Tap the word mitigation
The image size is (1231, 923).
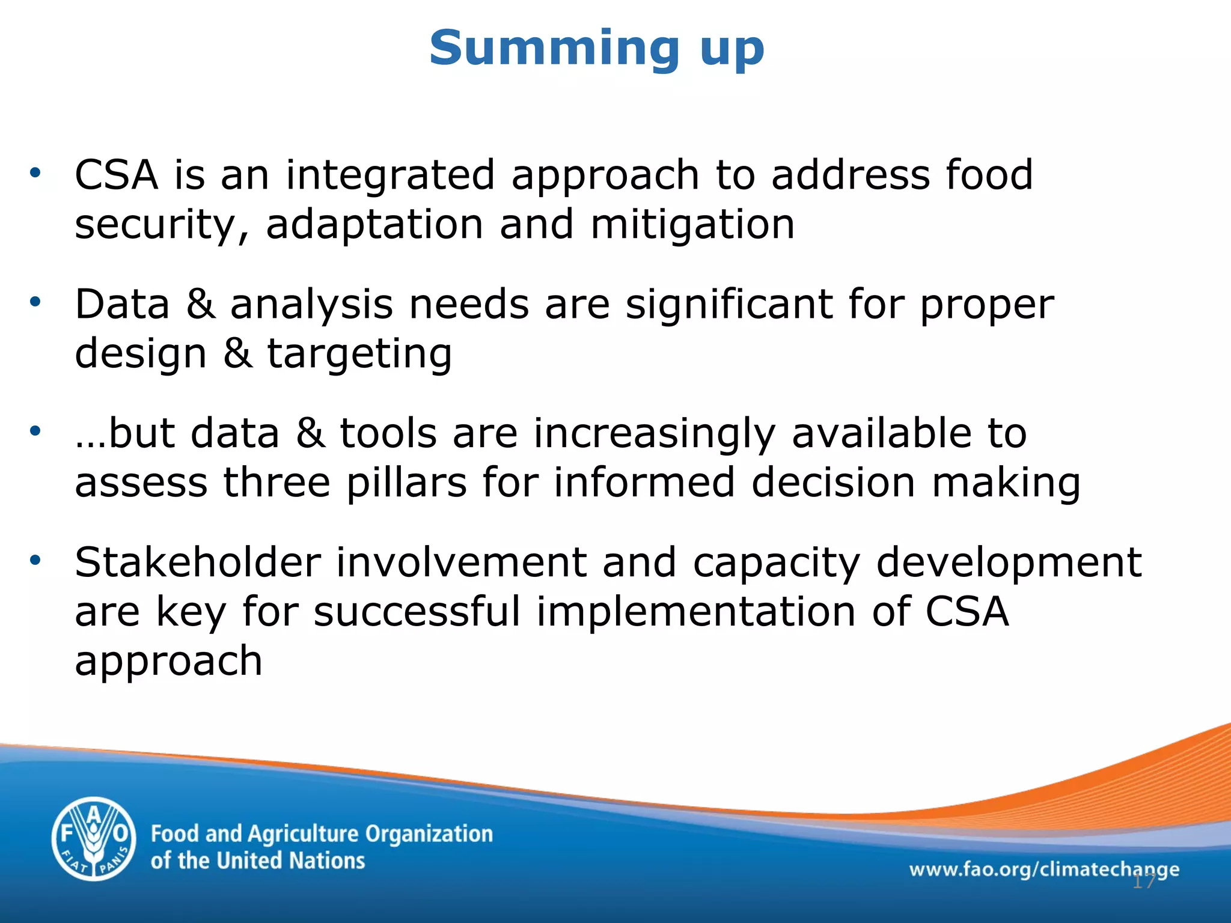pos(692,225)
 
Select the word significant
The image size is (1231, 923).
pos(729,305)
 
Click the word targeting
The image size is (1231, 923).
pos(359,355)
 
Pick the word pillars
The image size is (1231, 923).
pos(406,483)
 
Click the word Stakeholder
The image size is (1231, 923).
pos(198,563)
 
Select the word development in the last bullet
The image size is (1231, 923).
pos(1009,563)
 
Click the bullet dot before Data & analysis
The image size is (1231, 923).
pos(35,302)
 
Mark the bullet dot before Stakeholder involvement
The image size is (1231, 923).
pos(35,560)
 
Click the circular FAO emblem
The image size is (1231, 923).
pos(93,839)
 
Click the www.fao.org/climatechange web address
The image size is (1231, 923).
pos(1043,869)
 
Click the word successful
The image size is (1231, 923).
pos(417,612)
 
